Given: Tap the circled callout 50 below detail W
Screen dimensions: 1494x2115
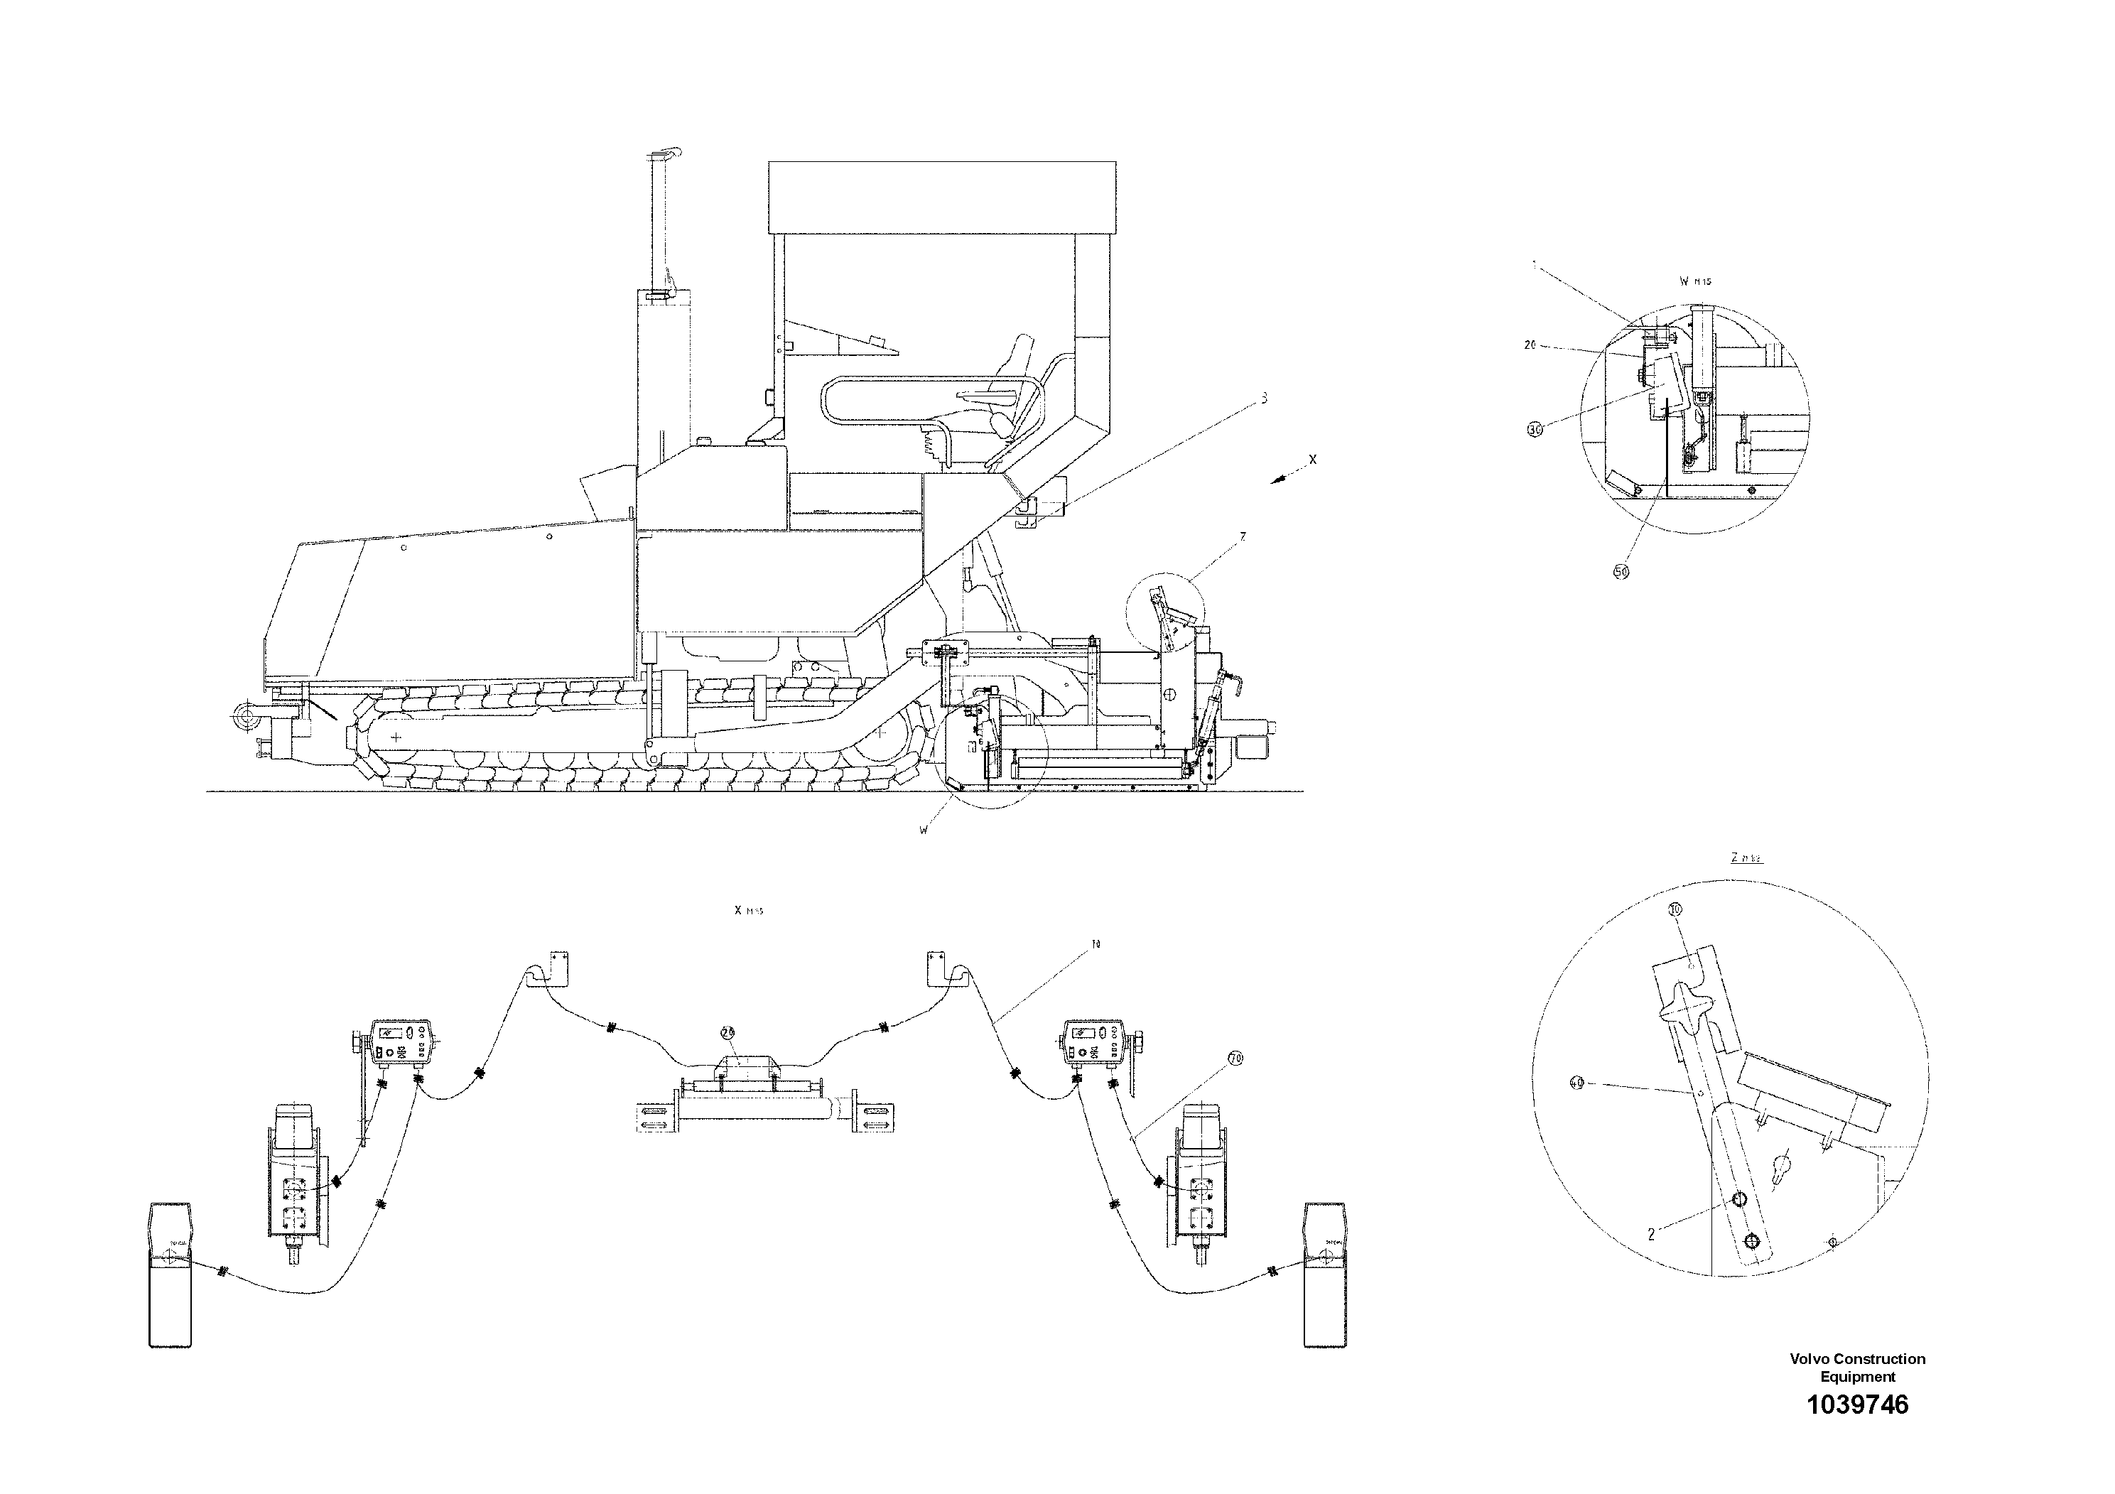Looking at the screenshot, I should click(1621, 571).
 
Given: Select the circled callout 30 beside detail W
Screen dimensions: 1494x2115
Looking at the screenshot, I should click(1535, 429).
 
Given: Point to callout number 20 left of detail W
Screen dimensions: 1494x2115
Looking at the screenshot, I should click(1530, 345).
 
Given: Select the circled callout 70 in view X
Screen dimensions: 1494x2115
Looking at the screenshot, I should click(1235, 1060).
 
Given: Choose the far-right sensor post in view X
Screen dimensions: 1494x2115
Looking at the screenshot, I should click(1325, 1274).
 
